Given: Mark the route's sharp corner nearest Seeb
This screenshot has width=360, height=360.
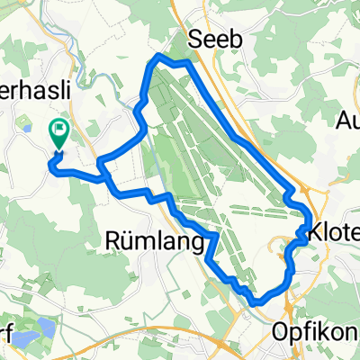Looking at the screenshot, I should click(158, 56).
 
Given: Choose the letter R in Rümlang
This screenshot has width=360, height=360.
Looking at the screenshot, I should click(113, 241).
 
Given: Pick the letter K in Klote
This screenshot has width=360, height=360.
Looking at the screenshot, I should click(315, 233).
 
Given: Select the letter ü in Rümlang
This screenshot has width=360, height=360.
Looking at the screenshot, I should click(128, 241).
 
